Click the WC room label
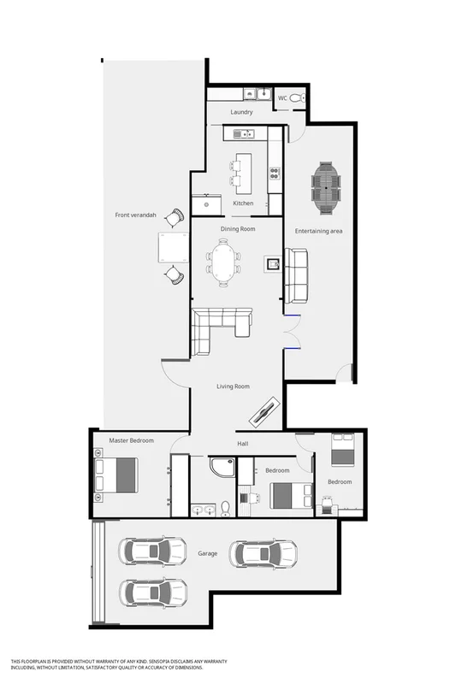[x=282, y=98]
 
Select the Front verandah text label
[x=133, y=215]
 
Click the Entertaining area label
[x=319, y=231]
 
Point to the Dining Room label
[x=238, y=229]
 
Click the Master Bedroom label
[x=131, y=440]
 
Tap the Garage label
[x=208, y=554]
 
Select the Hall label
[x=243, y=445]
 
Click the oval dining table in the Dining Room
[x=224, y=262]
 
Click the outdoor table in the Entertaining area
[x=325, y=189]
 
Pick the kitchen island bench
[x=242, y=169]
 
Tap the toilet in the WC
[x=296, y=99]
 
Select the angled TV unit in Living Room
[x=263, y=411]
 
